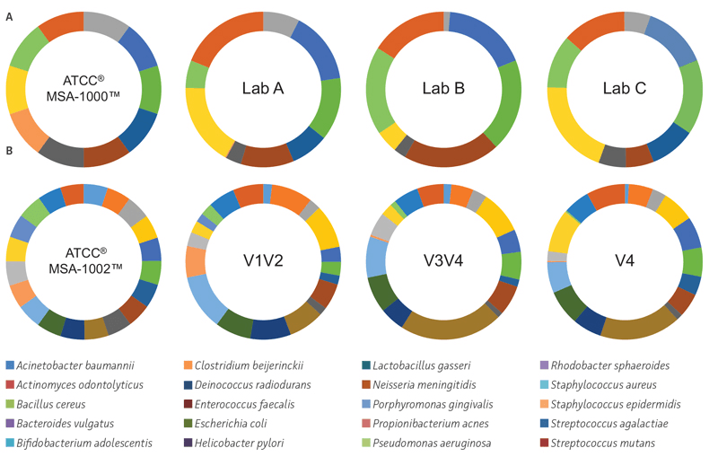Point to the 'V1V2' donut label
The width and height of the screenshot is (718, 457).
pos(263,261)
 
